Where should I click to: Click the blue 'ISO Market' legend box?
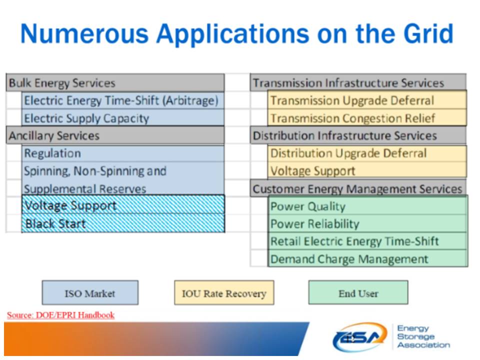pyautogui.click(x=90, y=293)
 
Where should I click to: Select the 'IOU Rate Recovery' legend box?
pyautogui.click(x=223, y=293)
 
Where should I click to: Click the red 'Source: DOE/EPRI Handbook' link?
pyautogui.click(x=60, y=315)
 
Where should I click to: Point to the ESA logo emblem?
pyautogui.click(x=359, y=337)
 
